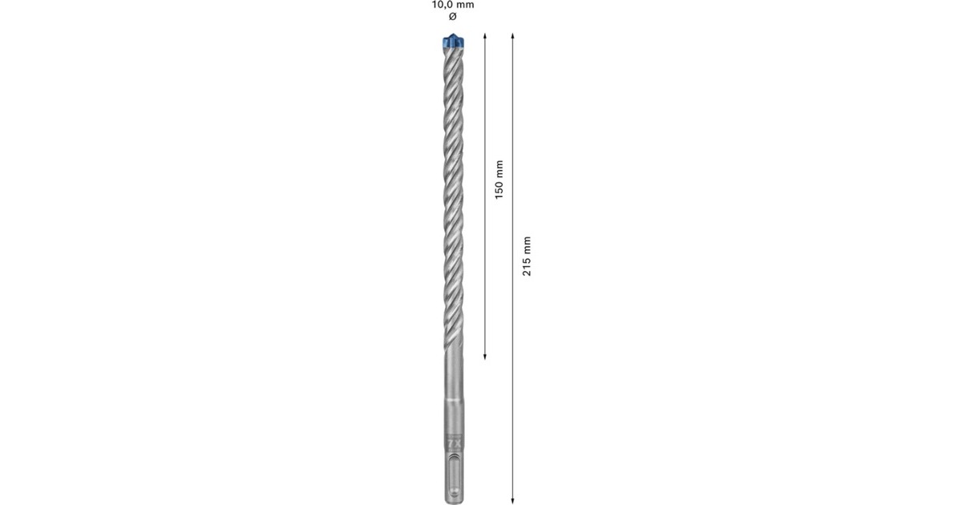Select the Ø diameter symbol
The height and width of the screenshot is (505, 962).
tap(453, 17)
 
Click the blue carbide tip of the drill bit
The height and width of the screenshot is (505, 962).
tap(453, 41)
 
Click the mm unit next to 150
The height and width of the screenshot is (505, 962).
tap(499, 168)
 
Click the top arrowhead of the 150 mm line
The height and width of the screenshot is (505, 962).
tap(485, 36)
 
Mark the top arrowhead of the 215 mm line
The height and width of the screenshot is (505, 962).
tap(513, 36)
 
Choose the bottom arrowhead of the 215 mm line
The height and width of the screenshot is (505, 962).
tap(513, 498)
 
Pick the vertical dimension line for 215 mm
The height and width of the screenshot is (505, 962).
tap(513, 361)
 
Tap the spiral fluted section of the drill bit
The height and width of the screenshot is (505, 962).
tap(453, 200)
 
